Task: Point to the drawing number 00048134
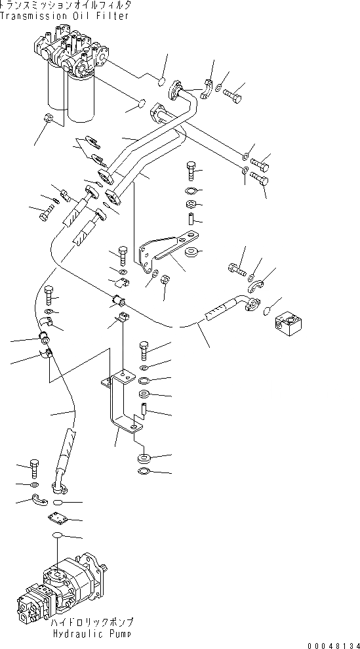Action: coord(333,644)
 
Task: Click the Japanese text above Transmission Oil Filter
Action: coord(66,5)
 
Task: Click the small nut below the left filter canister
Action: coord(48,118)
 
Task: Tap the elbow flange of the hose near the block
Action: coord(250,304)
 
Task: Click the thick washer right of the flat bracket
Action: coord(191,251)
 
